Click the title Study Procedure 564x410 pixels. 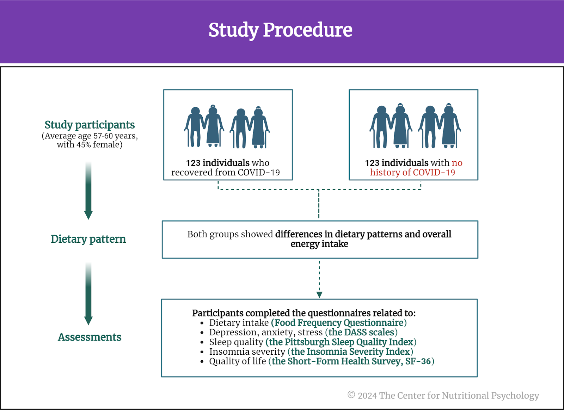tap(280, 30)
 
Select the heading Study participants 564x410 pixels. tap(90, 125)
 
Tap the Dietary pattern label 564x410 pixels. tap(88, 239)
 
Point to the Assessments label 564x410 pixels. tap(90, 337)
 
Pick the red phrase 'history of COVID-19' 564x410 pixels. tap(412, 172)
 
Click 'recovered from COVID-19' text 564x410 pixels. tap(225, 172)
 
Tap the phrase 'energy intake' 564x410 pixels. tap(319, 244)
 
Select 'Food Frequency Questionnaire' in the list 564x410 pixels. tap(339, 323)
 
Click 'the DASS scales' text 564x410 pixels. tap(361, 332)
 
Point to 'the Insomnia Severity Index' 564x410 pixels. tap(350, 352)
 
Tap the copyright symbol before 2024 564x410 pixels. tap(351, 395)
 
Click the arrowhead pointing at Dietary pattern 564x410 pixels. tap(88, 215)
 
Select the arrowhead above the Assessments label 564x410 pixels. tap(88, 321)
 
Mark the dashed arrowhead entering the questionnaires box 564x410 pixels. tap(319, 295)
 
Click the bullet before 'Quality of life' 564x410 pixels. tap(202, 362)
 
